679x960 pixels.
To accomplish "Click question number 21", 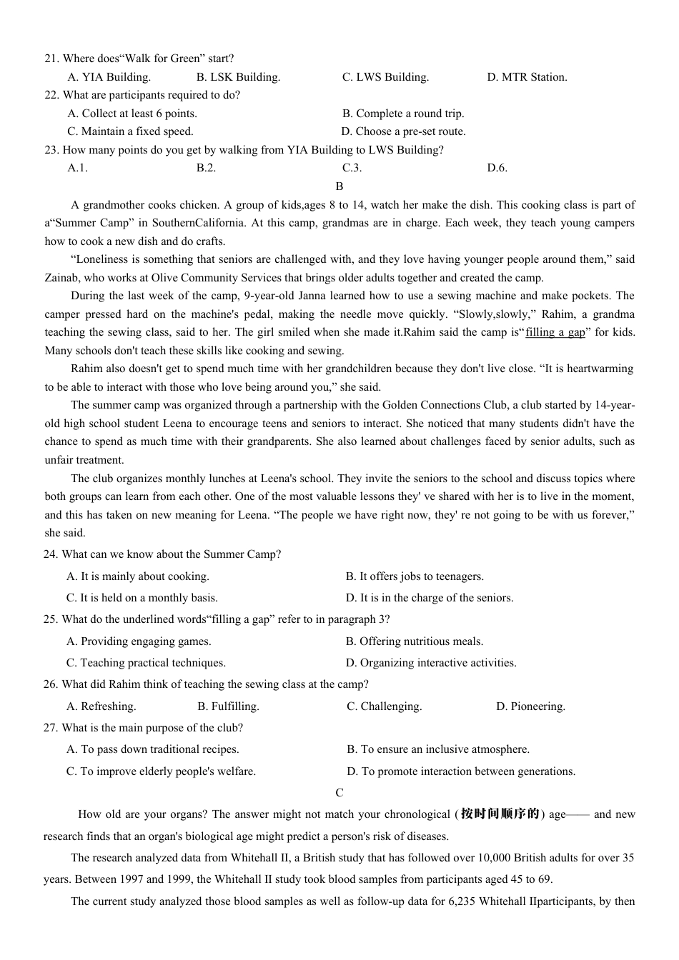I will coord(51,59).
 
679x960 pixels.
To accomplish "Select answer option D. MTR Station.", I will coord(527,77).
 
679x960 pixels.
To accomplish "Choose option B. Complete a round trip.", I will coord(403,114).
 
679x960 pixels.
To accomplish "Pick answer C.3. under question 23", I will coord(352,168).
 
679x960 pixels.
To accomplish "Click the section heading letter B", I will coord(339,186).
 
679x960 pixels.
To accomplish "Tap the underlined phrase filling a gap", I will coord(555,332).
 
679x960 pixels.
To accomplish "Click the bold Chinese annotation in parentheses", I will coord(500,814).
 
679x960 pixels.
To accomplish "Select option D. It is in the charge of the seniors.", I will coord(430,598).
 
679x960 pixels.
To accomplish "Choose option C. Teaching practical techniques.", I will coord(146,663).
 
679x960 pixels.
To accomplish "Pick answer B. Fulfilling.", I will coord(228,706).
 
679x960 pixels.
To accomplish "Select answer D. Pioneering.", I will coord(530,706).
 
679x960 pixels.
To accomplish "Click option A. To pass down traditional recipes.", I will coord(153,749).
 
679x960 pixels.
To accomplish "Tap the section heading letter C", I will coord(339,793).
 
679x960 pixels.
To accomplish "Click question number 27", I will coord(50,728).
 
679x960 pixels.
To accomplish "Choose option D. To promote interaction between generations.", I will coord(461,771).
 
